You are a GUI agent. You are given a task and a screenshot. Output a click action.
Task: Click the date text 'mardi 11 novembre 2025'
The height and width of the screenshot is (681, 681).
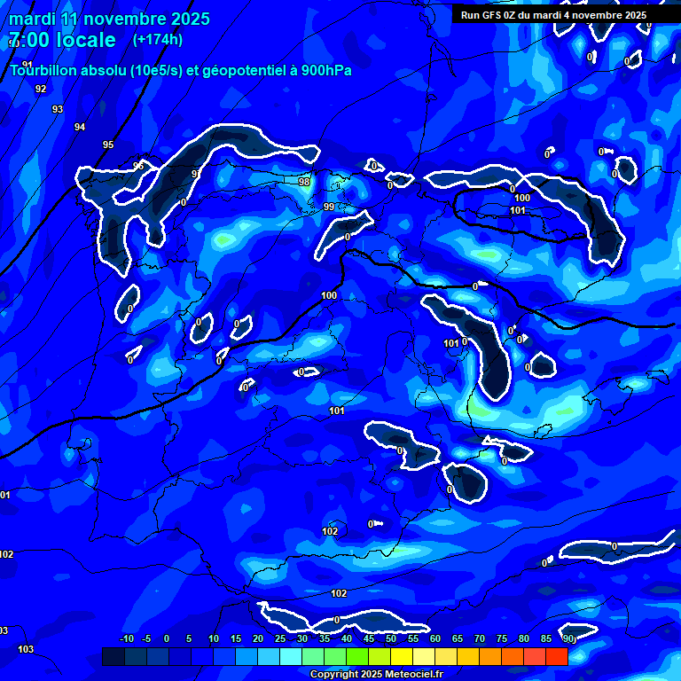109,19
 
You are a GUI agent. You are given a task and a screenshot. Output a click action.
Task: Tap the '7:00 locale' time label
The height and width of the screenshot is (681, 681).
62,40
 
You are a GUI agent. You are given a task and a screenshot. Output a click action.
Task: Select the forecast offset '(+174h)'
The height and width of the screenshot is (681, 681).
157,40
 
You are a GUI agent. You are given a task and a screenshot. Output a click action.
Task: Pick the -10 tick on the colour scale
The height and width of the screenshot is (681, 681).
127,639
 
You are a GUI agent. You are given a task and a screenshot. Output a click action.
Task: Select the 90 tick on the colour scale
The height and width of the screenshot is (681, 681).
568,639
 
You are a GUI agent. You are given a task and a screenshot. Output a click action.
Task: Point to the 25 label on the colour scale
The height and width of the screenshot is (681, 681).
280,639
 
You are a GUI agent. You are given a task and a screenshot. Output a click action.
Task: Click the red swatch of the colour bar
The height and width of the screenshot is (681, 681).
557,656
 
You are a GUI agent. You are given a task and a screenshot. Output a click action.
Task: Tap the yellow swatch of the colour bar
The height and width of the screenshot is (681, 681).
402,656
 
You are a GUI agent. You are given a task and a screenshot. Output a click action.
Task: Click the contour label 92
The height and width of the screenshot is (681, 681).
41,90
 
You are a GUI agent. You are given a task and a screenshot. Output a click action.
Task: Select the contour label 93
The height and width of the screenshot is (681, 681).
58,110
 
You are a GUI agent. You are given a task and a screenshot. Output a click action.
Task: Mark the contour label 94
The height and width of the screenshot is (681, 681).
80,128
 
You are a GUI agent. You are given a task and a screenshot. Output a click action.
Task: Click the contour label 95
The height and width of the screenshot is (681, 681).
108,145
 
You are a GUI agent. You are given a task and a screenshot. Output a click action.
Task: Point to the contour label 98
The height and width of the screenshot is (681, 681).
304,183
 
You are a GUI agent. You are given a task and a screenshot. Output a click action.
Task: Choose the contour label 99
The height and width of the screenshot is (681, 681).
329,207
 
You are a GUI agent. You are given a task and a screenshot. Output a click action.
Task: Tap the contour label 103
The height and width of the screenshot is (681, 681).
26,650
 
